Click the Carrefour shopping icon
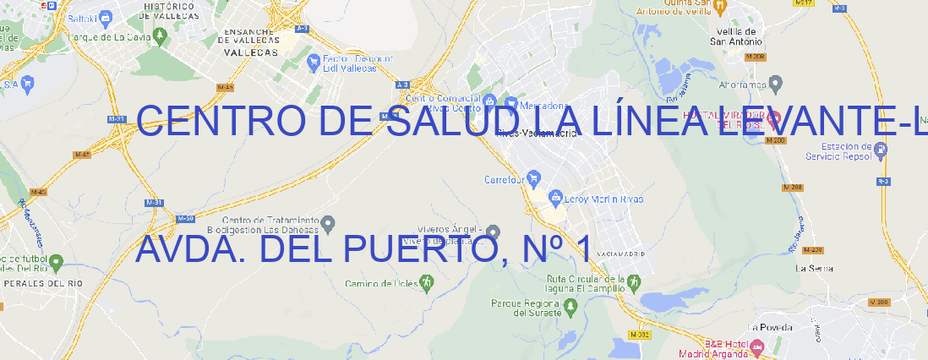(x=534, y=178)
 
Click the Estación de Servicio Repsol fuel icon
(x=882, y=150)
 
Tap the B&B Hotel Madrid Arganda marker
(x=757, y=347)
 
